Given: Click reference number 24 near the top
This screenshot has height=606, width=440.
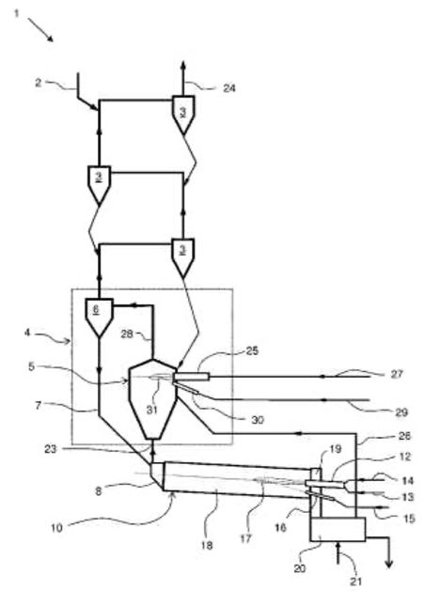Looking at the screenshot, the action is pos(228,88).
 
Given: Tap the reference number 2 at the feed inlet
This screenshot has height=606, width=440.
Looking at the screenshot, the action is pos(38,83).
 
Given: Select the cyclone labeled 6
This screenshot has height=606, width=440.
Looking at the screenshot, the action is pos(100,317).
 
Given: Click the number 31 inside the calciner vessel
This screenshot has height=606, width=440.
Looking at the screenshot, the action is pos(152,410).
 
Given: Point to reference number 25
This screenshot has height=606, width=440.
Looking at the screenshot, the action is pos(251,351).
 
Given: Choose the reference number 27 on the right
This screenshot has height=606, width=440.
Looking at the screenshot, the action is pos(397,374).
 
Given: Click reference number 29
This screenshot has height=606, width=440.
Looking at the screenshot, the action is pos(401,412).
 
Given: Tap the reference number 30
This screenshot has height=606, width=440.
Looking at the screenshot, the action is pos(258,420).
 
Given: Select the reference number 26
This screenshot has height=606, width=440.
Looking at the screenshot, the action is pos(403,436).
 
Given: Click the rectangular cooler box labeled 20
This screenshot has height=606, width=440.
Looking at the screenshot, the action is pos(338,530).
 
